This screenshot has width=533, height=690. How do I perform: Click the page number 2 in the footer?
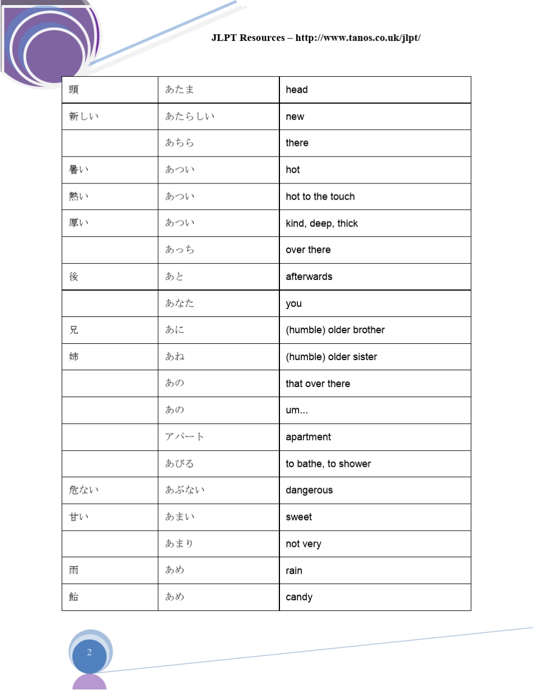point(89,652)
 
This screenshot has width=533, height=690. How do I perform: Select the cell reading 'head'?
point(297,90)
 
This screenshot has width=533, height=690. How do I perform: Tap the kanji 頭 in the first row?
point(73,90)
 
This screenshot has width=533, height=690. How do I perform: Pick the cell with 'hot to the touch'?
point(320,197)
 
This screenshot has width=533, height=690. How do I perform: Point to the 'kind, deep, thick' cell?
point(321,223)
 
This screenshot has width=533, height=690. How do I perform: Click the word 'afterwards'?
point(309,277)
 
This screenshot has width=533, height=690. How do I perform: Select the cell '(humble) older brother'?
point(335,330)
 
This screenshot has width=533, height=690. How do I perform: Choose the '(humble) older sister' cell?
point(332,357)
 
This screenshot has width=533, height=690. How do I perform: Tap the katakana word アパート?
point(185,437)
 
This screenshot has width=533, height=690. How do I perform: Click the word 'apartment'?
point(308,437)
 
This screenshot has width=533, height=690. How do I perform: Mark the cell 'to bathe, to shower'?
point(328,464)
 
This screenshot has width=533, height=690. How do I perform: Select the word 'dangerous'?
point(309,490)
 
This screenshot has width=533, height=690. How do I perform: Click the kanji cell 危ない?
point(84,490)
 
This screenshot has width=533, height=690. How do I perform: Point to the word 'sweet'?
point(298,517)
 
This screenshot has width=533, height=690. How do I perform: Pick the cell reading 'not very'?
point(304,544)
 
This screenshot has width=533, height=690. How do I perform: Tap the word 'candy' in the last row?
point(299,597)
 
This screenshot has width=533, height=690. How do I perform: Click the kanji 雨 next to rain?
point(73,571)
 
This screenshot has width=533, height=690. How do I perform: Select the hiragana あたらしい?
point(190,117)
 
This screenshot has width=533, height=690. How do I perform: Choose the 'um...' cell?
point(297,411)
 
